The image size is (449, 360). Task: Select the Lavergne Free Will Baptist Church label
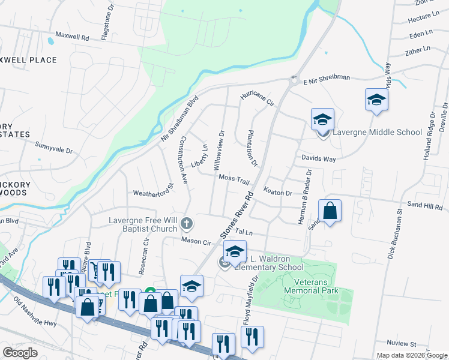coord(143,224)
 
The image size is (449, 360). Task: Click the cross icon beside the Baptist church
coord(187,224)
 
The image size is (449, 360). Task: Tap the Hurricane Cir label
coord(257,98)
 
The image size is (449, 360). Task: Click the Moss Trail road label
coord(234,179)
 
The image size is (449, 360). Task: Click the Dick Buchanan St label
coord(399,235)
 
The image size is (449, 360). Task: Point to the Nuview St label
coord(402,344)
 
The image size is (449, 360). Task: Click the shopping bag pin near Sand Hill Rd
coord(330,212)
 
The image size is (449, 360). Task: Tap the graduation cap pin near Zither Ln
coord(376,100)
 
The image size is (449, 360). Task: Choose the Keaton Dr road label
coord(278,193)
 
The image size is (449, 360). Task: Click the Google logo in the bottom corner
coord(20,353)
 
